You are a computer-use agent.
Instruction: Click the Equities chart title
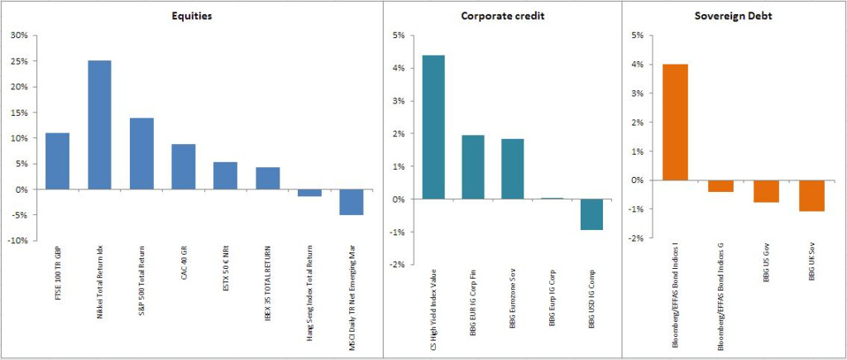(x=194, y=16)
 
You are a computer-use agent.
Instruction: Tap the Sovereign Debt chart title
(x=735, y=16)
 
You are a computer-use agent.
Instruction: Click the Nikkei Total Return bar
(x=99, y=125)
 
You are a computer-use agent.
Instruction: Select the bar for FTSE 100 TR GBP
(x=57, y=161)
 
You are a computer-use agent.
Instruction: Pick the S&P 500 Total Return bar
(x=141, y=154)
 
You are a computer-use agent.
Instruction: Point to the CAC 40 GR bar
(x=184, y=166)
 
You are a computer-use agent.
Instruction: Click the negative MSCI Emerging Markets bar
(x=352, y=202)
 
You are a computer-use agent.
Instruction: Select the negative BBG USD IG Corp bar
(x=591, y=214)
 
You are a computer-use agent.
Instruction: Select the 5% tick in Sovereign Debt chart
(x=637, y=36)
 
